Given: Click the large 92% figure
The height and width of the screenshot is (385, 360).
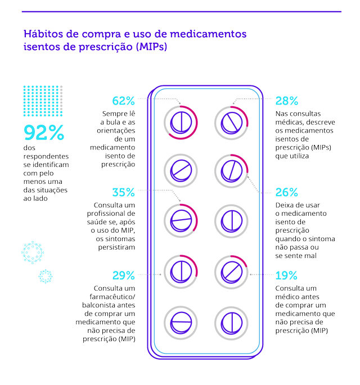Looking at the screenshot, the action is click(x=44, y=133).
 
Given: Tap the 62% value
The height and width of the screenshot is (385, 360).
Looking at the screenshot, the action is click(x=123, y=101).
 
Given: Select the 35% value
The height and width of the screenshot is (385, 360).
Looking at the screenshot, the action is click(x=123, y=192).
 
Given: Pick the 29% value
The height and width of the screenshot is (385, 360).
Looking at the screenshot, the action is click(x=123, y=275).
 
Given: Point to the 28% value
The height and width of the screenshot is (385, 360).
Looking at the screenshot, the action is click(x=287, y=101).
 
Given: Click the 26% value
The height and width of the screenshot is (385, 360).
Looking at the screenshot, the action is click(x=287, y=192).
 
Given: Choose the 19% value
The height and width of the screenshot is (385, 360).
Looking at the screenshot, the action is click(x=286, y=275).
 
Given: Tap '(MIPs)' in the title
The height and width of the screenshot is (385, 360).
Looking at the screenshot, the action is click(x=152, y=47).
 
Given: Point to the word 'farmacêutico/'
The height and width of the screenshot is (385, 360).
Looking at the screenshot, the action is click(x=112, y=297).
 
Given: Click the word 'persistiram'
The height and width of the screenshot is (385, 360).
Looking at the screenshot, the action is click(x=116, y=247).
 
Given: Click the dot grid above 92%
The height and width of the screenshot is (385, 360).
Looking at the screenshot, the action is click(x=43, y=101).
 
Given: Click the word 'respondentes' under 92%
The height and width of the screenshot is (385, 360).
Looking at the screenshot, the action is click(x=46, y=156).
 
